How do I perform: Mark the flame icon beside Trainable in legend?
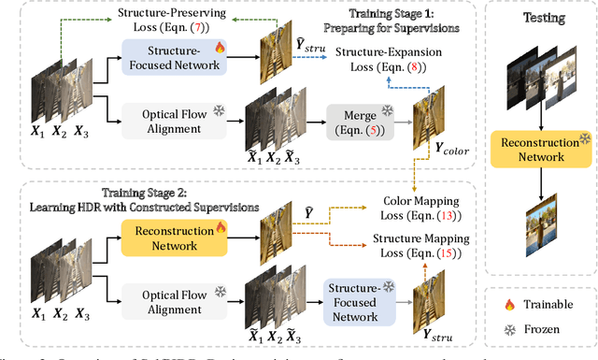[510, 304]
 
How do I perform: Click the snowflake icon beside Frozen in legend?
[510, 329]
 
